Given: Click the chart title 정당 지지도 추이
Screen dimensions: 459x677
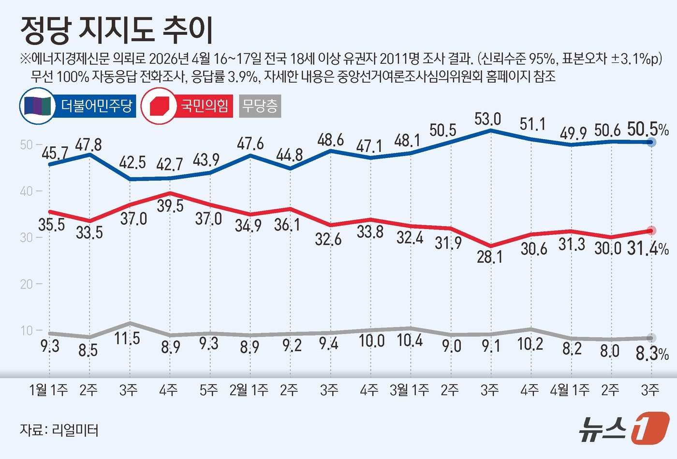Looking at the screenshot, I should pos(117,30).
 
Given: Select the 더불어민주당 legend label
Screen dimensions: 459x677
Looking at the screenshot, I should pos(96,106).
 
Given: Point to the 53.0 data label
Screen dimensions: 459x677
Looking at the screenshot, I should pos(487,119).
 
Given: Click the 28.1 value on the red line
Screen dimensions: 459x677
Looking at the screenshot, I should pos(489,257).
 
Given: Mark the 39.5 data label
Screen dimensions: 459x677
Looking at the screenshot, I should pos(170,206).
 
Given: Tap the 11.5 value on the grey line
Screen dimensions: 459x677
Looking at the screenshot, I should pos(127,338).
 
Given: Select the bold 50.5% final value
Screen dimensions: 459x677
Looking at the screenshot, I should pos(648,129).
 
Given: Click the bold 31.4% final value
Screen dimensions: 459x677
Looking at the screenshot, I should pos(648,248).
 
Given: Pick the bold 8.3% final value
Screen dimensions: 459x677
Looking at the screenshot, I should pos(651,354).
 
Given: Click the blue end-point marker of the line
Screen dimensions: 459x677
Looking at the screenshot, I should pos(651,142).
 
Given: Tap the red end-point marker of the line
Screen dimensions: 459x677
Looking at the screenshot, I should pos(651,231).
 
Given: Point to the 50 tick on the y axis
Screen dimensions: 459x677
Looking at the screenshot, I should pos(26,145).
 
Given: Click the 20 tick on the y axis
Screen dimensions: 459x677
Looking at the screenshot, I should pos(26,284).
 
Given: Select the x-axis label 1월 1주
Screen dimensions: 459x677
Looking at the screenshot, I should pos(48,390).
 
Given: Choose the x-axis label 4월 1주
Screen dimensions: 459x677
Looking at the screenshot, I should pos(570,390).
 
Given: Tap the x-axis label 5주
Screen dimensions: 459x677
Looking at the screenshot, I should pos(208,390).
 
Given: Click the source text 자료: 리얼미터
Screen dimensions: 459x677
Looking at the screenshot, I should pos(59,430).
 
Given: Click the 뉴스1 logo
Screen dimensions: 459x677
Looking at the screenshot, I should pos(624,428).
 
